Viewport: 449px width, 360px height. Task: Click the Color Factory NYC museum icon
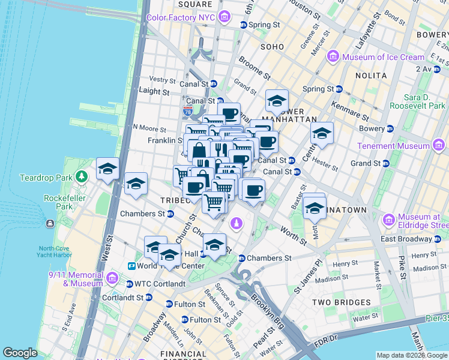pyautogui.click(x=224, y=17)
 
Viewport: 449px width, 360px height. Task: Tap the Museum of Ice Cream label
pyautogui.click(x=383, y=57)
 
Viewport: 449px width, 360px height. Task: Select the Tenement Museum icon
pyautogui.click(x=439, y=145)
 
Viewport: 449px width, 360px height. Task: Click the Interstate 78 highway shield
pyautogui.click(x=188, y=111)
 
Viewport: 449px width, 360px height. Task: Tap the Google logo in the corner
pyautogui.click(x=20, y=353)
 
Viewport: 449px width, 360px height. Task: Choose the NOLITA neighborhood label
pyautogui.click(x=370, y=76)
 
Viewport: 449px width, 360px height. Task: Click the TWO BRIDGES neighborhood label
pyautogui.click(x=340, y=302)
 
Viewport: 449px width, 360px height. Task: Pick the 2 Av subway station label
pyautogui.click(x=433, y=69)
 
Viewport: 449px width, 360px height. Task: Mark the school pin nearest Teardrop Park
pyautogui.click(x=107, y=169)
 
